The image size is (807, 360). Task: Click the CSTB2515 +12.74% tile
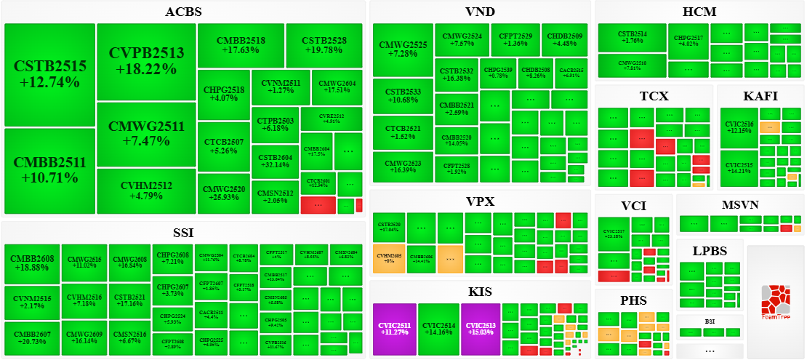49,74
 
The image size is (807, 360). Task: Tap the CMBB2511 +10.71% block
49,169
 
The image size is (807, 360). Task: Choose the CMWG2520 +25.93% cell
224,193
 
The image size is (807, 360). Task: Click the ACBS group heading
183,12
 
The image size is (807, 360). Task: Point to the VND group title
480,12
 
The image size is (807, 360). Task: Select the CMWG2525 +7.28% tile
403,49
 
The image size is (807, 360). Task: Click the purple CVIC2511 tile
394,328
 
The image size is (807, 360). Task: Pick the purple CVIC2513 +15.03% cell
480,328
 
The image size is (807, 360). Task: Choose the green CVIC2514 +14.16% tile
438,328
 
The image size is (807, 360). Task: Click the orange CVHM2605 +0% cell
389,258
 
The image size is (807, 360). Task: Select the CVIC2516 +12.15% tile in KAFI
739,127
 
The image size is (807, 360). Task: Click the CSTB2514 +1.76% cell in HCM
632,37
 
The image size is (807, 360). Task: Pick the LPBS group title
709,250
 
